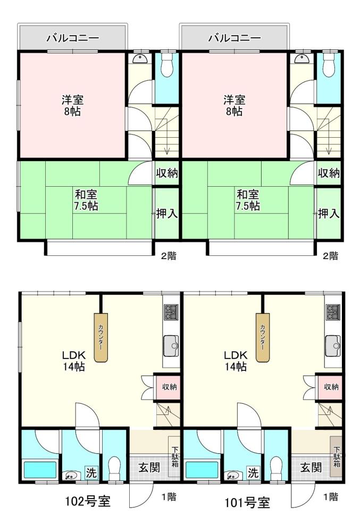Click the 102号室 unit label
[x=87, y=501]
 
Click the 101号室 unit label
[x=247, y=502]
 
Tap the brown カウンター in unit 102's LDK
[x=101, y=337]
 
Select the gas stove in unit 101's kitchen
[x=333, y=312]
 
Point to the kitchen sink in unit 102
[x=171, y=346]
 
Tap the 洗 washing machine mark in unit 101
[x=253, y=472]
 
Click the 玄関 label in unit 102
[x=149, y=467]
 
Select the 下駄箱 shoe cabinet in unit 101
[x=336, y=456]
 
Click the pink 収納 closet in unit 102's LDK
[x=168, y=386]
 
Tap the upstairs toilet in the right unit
[x=328, y=64]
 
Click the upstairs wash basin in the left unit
[x=139, y=59]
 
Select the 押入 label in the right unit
[x=329, y=213]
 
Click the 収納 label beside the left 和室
[x=167, y=173]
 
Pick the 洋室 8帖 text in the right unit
[x=234, y=105]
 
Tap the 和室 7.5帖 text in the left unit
[x=86, y=200]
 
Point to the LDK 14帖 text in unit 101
[x=235, y=361]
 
